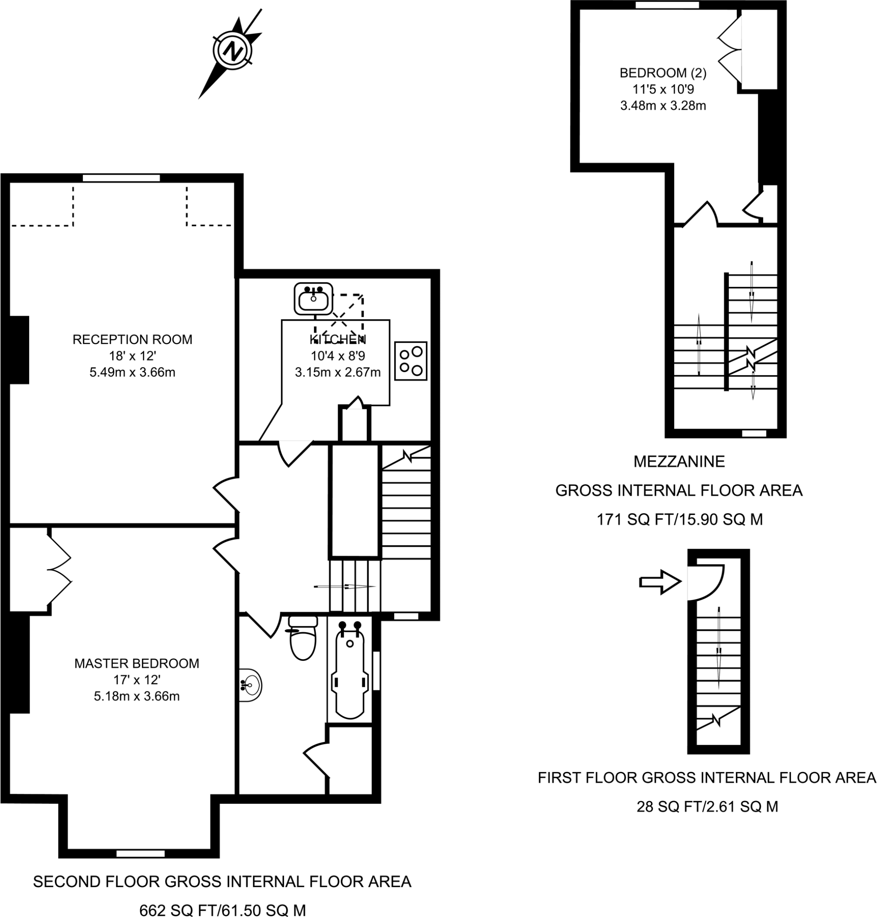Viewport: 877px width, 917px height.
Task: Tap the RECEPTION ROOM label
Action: (x=132, y=339)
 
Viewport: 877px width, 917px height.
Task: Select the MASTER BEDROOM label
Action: (x=137, y=663)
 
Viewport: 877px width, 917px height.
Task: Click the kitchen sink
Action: (x=313, y=299)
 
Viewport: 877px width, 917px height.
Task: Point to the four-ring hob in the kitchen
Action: (x=410, y=360)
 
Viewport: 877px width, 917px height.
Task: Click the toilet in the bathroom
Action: (x=303, y=638)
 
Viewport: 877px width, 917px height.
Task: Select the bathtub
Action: (x=349, y=671)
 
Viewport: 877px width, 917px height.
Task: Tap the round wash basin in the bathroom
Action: (x=250, y=686)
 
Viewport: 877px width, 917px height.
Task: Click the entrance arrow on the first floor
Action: (x=660, y=582)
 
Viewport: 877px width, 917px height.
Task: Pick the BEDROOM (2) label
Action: (x=663, y=73)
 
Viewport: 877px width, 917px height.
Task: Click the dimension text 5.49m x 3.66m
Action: (x=132, y=373)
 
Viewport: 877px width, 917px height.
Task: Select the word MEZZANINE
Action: (x=679, y=462)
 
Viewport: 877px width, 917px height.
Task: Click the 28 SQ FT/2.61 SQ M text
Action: (x=707, y=806)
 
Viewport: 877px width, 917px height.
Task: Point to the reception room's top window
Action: (x=121, y=178)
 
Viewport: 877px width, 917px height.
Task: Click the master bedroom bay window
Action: (x=140, y=853)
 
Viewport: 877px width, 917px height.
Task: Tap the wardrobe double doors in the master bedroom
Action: (x=60, y=570)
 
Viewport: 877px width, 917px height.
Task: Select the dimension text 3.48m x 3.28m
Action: (x=663, y=106)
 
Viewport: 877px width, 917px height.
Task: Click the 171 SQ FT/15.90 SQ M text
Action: (x=679, y=519)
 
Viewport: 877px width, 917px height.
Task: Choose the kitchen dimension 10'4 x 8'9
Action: (x=338, y=356)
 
